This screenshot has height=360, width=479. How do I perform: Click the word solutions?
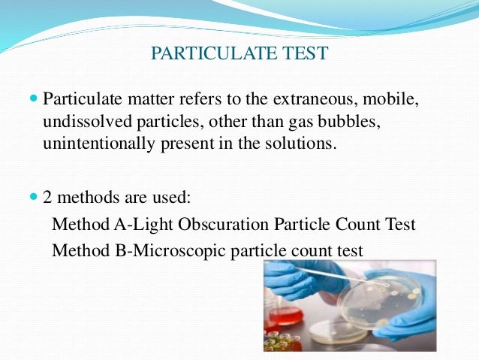pos(302,144)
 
